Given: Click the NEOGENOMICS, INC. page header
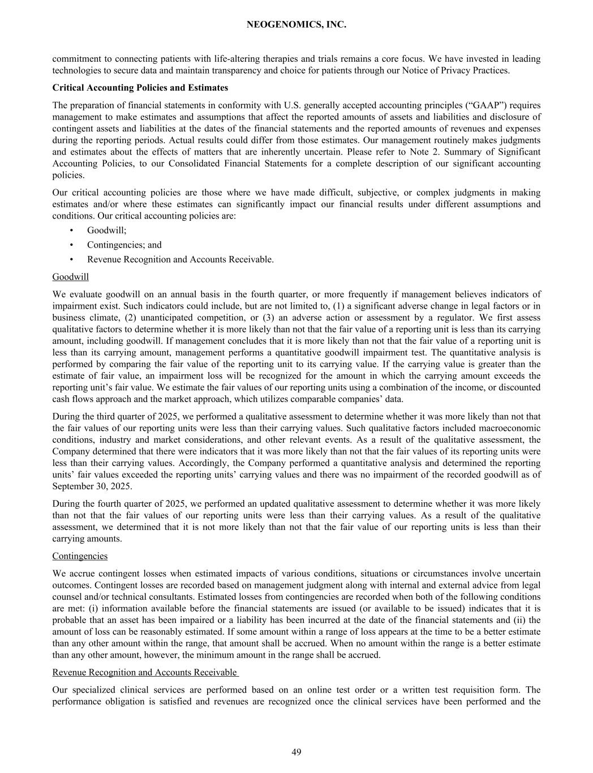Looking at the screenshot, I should point(296,25).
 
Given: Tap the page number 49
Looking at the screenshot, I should point(296,752).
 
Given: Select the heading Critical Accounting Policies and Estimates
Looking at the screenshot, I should point(140,88).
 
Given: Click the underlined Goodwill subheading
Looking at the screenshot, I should point(70,277).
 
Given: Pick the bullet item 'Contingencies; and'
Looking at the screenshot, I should point(124,245).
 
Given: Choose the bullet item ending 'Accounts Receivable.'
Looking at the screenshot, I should point(180,259).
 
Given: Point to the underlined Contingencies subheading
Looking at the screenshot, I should point(80,556).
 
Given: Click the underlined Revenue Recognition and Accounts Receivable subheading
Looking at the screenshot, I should point(145,672).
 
